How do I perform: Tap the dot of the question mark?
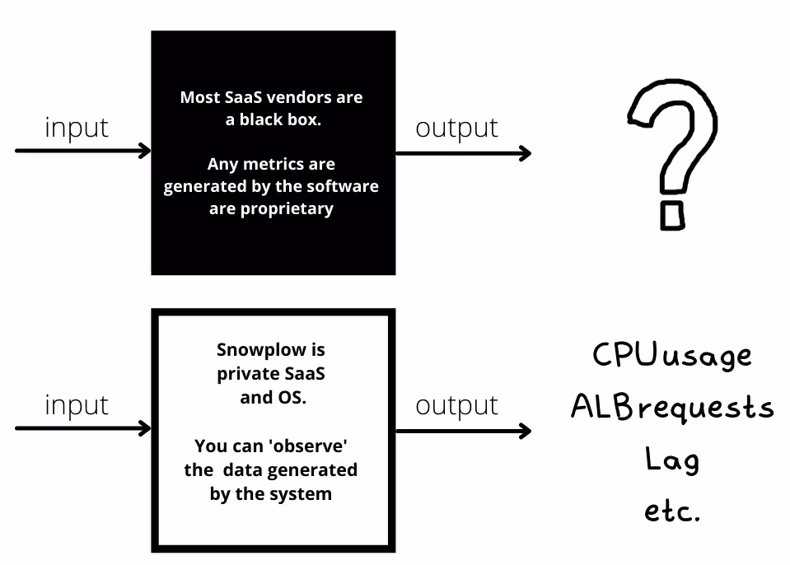(672, 216)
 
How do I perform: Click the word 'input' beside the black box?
(77, 128)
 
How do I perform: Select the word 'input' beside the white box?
(77, 405)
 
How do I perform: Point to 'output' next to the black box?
(456, 128)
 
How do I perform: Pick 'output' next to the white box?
(456, 405)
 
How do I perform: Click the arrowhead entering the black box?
(145, 151)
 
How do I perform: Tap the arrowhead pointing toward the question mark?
(526, 153)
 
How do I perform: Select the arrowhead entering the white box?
(145, 428)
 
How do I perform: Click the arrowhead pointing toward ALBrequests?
(526, 431)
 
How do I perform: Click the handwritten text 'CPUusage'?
(672, 356)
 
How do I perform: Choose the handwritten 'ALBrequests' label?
(672, 407)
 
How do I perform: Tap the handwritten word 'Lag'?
(672, 460)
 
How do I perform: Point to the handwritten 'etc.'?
(672, 511)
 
